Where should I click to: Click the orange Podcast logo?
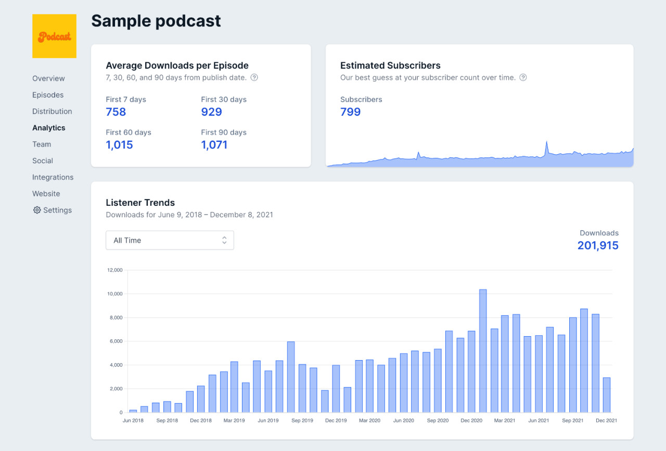(x=54, y=36)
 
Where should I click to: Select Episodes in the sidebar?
(x=48, y=95)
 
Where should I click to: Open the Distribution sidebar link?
(x=52, y=111)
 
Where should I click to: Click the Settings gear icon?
(x=37, y=210)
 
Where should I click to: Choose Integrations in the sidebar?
(x=53, y=177)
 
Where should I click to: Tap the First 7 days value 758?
(x=116, y=112)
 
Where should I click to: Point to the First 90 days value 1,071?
(x=214, y=145)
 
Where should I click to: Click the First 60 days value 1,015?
(x=119, y=145)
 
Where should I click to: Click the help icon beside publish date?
(x=254, y=77)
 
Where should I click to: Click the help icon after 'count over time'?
(x=523, y=77)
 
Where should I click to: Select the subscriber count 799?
(x=350, y=112)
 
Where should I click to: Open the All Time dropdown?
(x=170, y=240)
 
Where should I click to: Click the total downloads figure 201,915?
(x=598, y=245)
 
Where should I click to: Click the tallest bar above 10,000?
(x=483, y=351)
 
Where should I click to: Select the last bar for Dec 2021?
(x=607, y=395)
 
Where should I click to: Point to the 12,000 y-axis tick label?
(x=114, y=270)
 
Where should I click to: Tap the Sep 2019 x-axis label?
(x=302, y=420)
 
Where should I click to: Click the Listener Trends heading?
(x=140, y=203)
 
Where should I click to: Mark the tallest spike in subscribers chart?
(x=547, y=142)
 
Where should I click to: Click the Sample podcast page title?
(x=156, y=21)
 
